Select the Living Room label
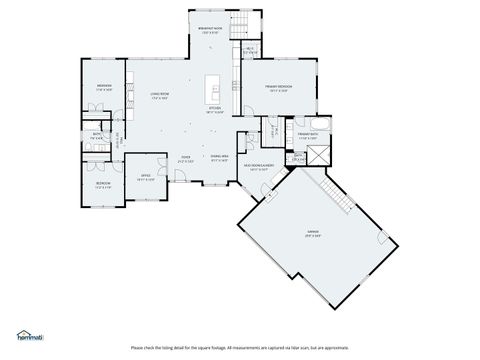160,95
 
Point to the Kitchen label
213,111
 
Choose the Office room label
145,177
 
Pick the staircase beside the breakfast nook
239,25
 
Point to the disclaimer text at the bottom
239,348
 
